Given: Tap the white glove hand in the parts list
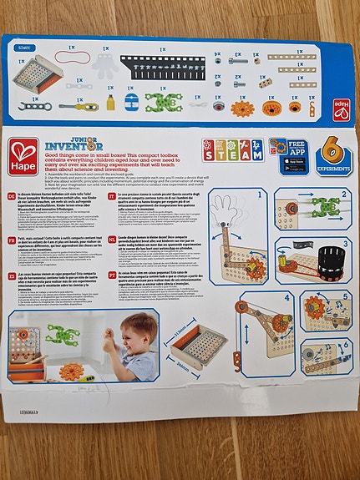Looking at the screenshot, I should pyautogui.click(x=103, y=65).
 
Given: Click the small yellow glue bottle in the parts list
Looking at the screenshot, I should pyautogui.click(x=109, y=102).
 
